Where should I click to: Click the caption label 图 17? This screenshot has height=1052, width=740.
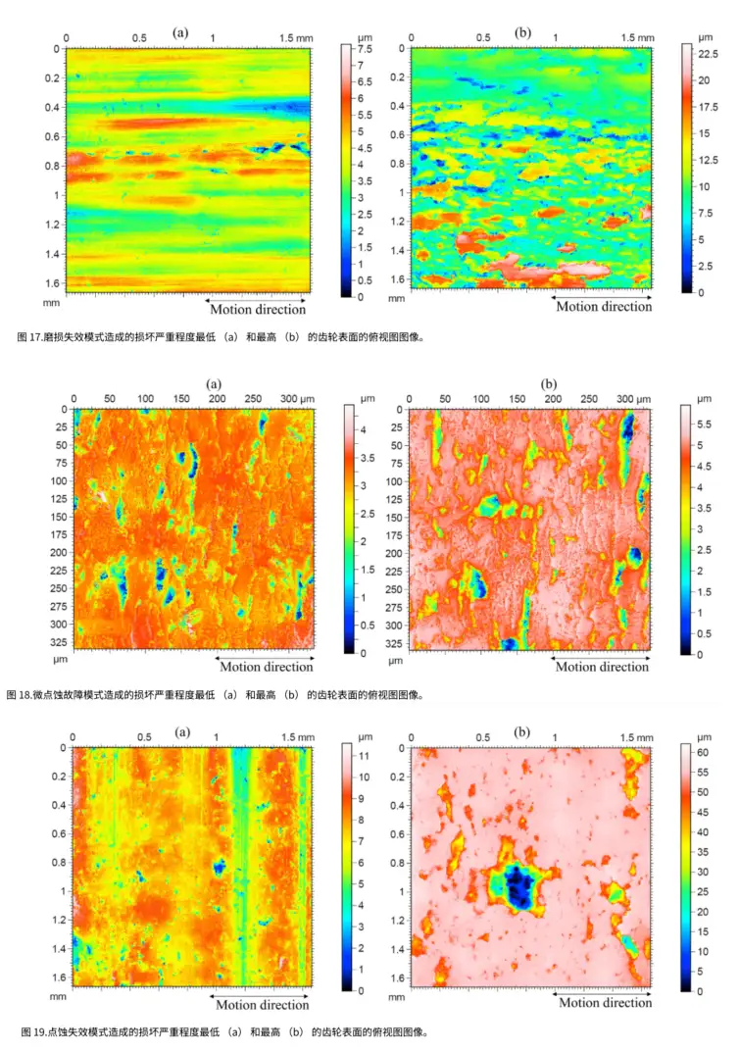29,337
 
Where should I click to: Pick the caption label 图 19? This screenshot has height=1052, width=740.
32,1031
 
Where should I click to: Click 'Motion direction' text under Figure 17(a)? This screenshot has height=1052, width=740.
259,310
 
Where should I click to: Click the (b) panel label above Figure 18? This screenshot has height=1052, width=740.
548,384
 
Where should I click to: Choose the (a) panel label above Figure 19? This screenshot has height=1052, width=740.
182,731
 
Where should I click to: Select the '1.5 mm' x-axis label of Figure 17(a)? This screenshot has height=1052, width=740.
296,38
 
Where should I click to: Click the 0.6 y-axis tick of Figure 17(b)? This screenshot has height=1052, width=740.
399,135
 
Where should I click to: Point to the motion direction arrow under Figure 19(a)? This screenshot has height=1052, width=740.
261,992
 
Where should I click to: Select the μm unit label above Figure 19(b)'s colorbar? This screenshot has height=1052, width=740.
704,735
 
